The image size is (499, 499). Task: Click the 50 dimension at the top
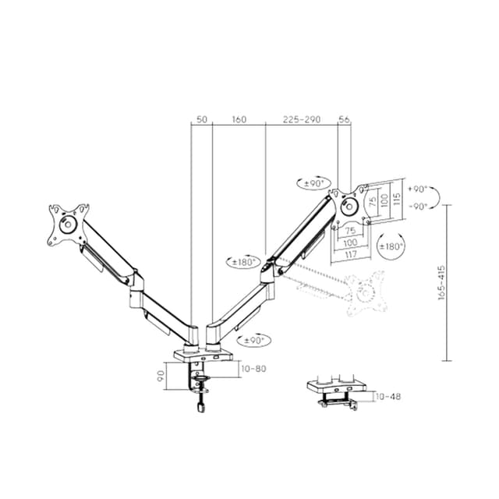[x=201, y=119]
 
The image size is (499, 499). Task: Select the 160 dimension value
[x=239, y=119]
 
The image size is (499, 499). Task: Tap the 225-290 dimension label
[x=302, y=119]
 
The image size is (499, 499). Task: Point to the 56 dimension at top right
[x=345, y=119]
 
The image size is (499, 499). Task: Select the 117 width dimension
[x=350, y=253]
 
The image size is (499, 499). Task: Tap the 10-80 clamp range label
[x=253, y=368]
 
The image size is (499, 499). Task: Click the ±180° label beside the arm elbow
[x=244, y=262]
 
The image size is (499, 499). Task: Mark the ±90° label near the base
[x=254, y=340]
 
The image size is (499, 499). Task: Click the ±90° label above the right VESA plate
[x=313, y=182]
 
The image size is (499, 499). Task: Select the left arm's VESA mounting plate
[x=69, y=225]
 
